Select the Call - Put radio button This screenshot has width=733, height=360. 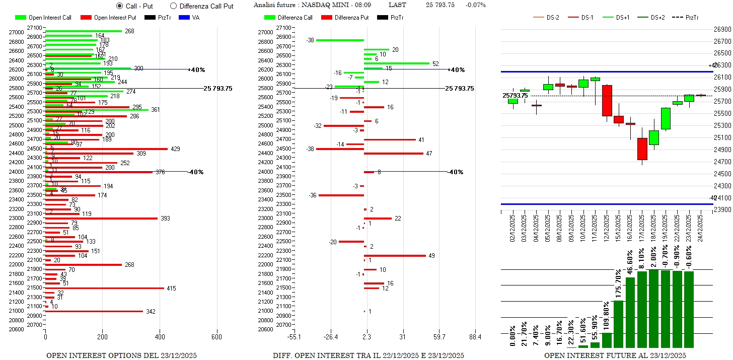click(119, 6)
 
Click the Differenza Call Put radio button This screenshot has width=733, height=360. click(174, 6)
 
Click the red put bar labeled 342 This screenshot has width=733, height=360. click(94, 311)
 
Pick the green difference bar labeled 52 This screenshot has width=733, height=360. click(397, 63)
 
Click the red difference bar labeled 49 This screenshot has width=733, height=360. click(395, 255)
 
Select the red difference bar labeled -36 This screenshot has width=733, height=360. click(341, 195)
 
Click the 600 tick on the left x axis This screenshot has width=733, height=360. click(217, 337)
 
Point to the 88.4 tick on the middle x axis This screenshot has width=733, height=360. click(475, 337)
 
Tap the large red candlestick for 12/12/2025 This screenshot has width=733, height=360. click(607, 100)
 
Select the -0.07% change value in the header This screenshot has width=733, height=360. click(476, 5)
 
